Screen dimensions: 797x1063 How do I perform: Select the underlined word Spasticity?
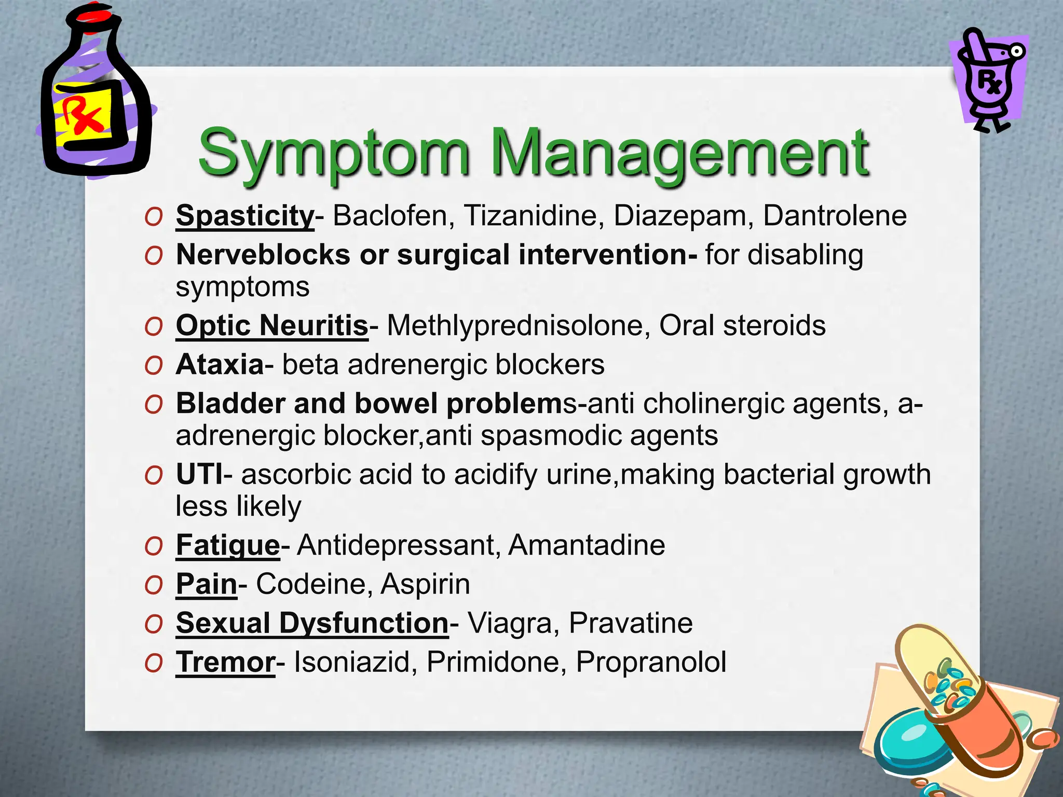point(245,215)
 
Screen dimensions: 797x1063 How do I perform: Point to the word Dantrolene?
point(835,215)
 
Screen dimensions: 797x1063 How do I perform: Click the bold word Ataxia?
point(220,365)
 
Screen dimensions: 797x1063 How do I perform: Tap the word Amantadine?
point(587,545)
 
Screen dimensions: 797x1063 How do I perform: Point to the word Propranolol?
point(651,662)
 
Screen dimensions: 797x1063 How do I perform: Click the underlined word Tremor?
point(225,663)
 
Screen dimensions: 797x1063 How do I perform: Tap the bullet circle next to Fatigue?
point(154,547)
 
